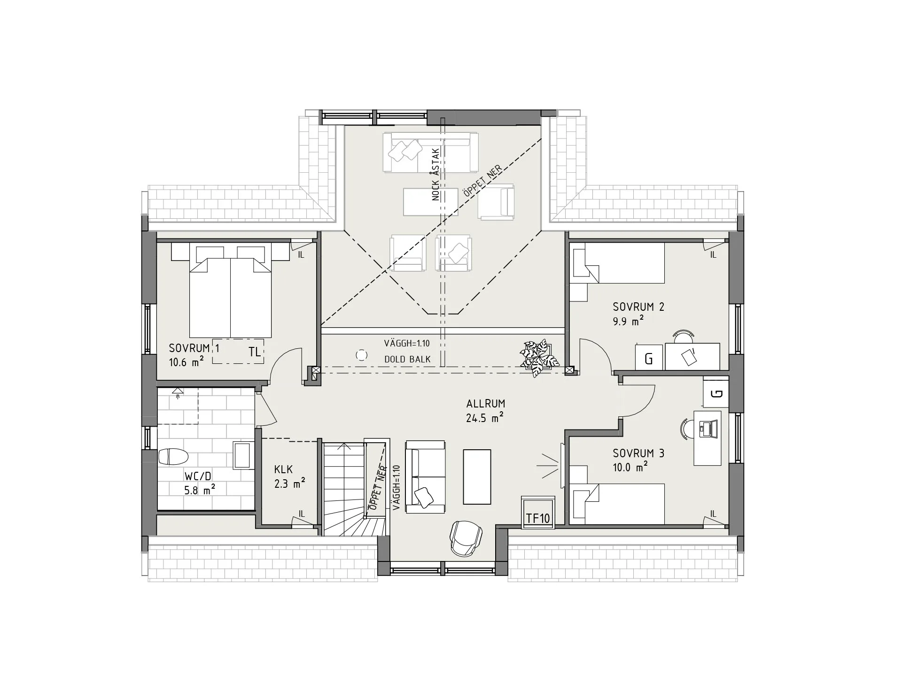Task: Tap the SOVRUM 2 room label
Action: pyautogui.click(x=638, y=307)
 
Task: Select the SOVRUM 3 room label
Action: pyautogui.click(x=638, y=453)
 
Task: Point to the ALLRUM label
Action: pyautogui.click(x=486, y=403)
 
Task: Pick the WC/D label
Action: pyautogui.click(x=198, y=476)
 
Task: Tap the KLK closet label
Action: pyautogui.click(x=284, y=469)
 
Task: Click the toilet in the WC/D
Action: pyautogui.click(x=173, y=456)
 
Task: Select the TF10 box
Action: pyautogui.click(x=538, y=512)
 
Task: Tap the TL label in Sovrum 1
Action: pyautogui.click(x=255, y=352)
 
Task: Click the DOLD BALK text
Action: pyautogui.click(x=407, y=360)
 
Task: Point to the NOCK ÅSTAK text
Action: pyautogui.click(x=435, y=175)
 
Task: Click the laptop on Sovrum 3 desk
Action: pyautogui.click(x=707, y=428)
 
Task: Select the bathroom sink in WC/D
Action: pyautogui.click(x=243, y=455)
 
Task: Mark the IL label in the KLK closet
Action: pyautogui.click(x=302, y=515)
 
